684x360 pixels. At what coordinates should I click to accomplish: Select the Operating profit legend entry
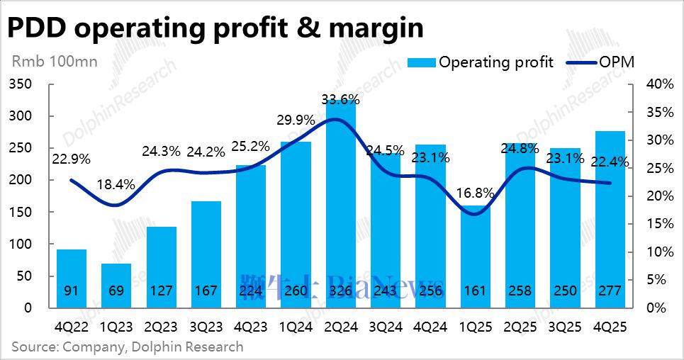click(481, 62)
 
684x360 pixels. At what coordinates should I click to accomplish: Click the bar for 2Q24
click(340, 206)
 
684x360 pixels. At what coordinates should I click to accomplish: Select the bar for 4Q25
click(610, 220)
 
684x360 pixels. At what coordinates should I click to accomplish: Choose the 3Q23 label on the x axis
click(206, 328)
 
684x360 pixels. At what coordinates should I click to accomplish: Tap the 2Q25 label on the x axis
click(520, 328)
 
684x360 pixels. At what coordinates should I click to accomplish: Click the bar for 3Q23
click(206, 254)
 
